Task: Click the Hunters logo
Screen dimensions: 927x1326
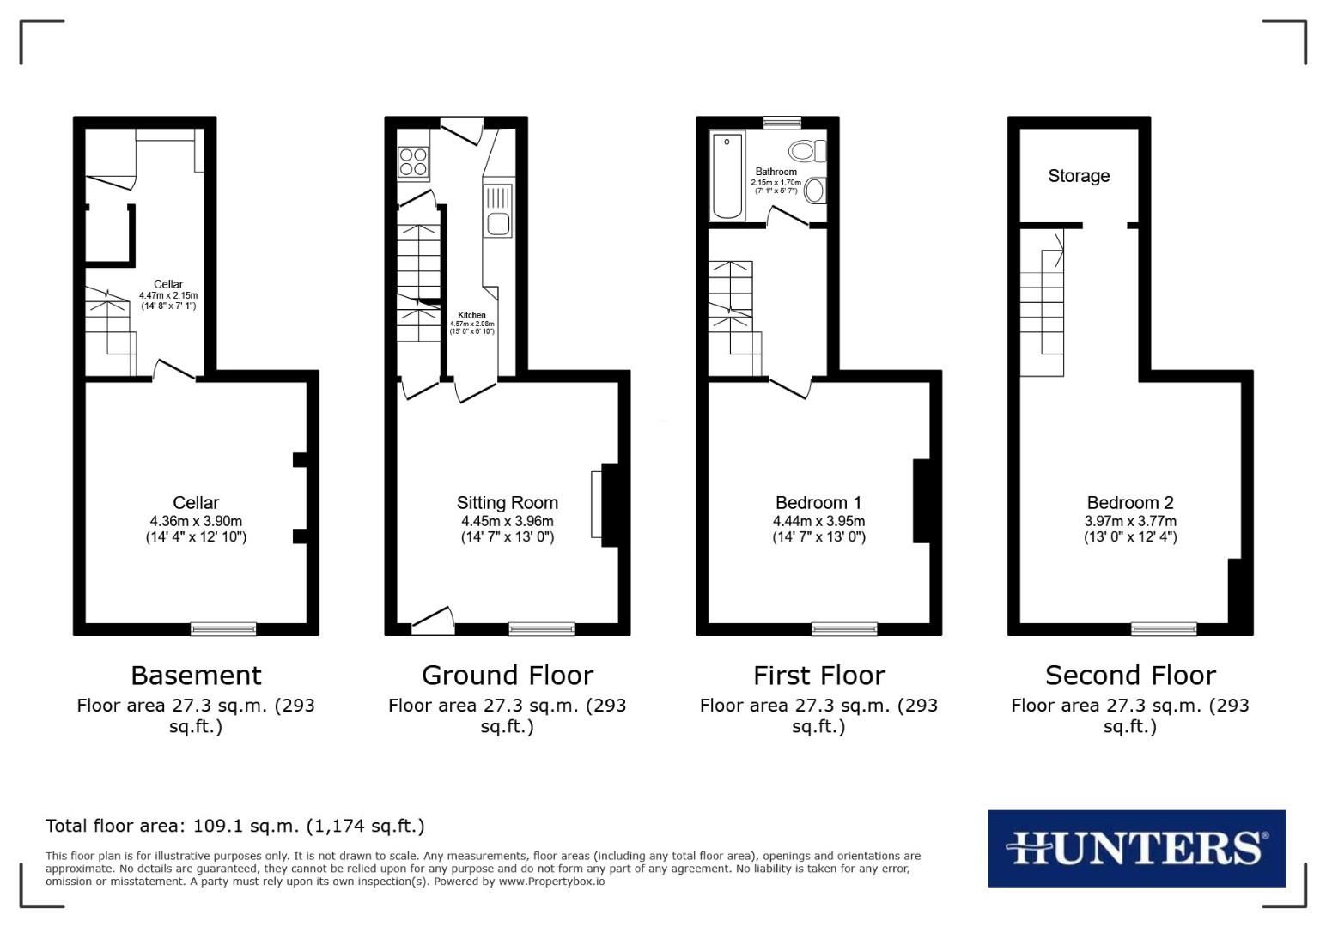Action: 1136,848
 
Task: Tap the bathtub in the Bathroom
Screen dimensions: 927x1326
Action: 727,176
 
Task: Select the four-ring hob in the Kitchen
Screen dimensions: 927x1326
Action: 413,161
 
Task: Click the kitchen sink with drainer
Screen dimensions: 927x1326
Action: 498,211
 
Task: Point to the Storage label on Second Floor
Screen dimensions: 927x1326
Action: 1079,176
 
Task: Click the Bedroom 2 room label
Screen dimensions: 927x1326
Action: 1130,503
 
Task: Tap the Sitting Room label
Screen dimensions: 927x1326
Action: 507,503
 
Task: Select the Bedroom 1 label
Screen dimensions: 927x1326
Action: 818,503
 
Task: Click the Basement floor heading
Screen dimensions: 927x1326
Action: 196,676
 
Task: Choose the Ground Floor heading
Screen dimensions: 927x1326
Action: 507,676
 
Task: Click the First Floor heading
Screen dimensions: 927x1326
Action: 818,676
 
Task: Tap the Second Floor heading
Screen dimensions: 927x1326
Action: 1130,676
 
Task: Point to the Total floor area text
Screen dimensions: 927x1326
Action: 234,826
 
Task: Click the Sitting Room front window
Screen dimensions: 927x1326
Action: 541,629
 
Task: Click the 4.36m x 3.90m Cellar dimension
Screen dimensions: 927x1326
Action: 196,521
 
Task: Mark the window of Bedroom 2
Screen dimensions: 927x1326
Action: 1164,629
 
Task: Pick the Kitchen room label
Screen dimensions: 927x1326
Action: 471,315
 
